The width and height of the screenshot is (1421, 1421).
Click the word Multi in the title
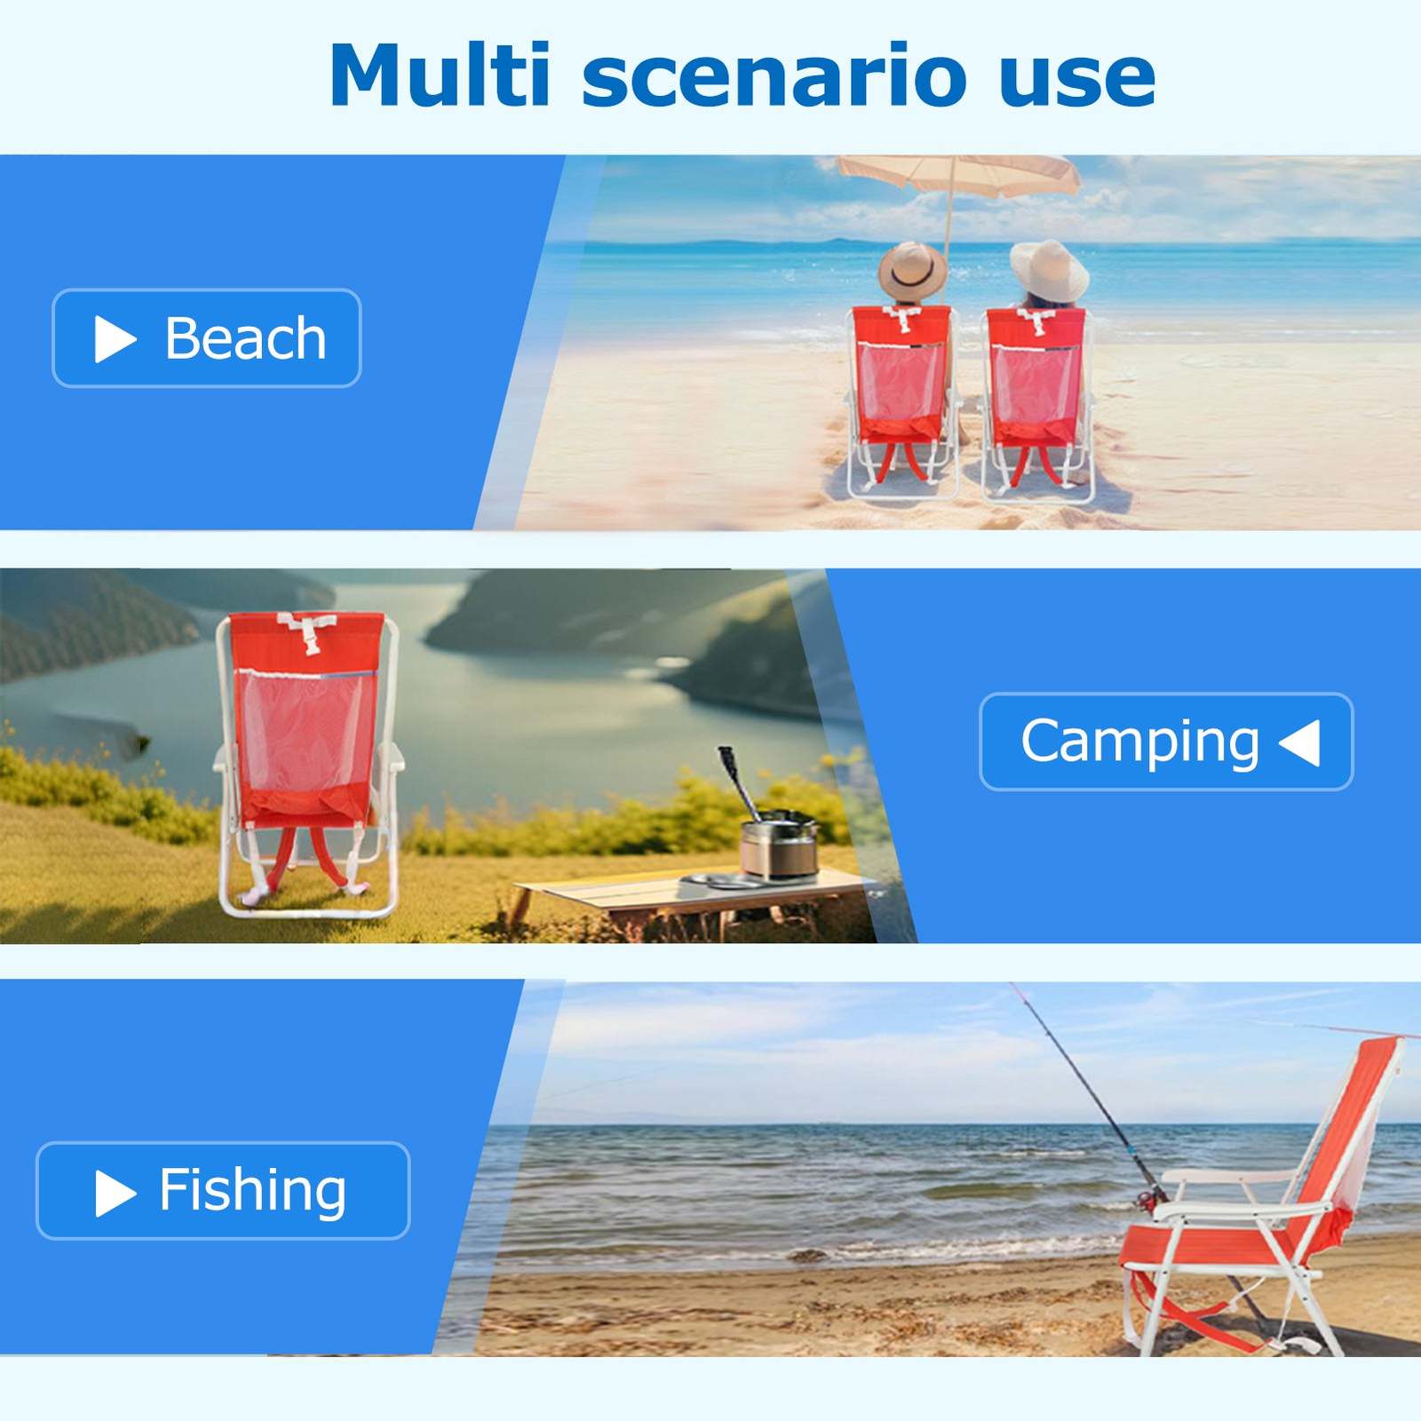coord(441,75)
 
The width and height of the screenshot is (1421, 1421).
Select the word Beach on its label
coord(246,338)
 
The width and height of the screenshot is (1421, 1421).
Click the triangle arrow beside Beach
coord(114,339)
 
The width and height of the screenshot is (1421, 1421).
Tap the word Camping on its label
coord(1140,742)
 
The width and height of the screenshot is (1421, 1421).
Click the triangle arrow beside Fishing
coord(115,1192)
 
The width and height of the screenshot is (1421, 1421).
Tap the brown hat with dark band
coord(912,270)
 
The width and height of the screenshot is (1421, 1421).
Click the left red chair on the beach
coord(901,400)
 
